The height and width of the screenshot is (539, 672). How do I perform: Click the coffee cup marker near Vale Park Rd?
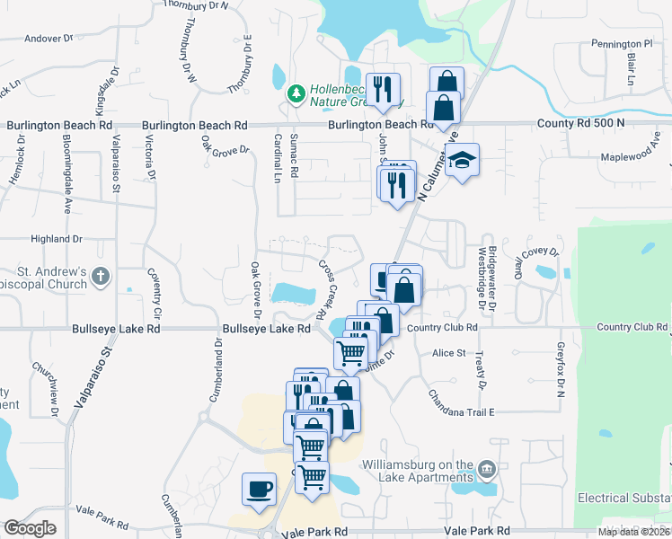(260, 489)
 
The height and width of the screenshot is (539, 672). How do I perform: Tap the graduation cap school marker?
(462, 160)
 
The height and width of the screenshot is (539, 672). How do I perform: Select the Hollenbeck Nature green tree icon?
(294, 93)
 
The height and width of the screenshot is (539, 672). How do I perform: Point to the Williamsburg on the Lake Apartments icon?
(487, 469)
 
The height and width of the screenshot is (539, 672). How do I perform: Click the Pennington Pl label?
(622, 43)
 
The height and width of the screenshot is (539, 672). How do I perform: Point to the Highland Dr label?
(56, 239)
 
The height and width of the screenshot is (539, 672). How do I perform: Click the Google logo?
(30, 528)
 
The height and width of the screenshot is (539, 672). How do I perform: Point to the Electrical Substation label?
(623, 497)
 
